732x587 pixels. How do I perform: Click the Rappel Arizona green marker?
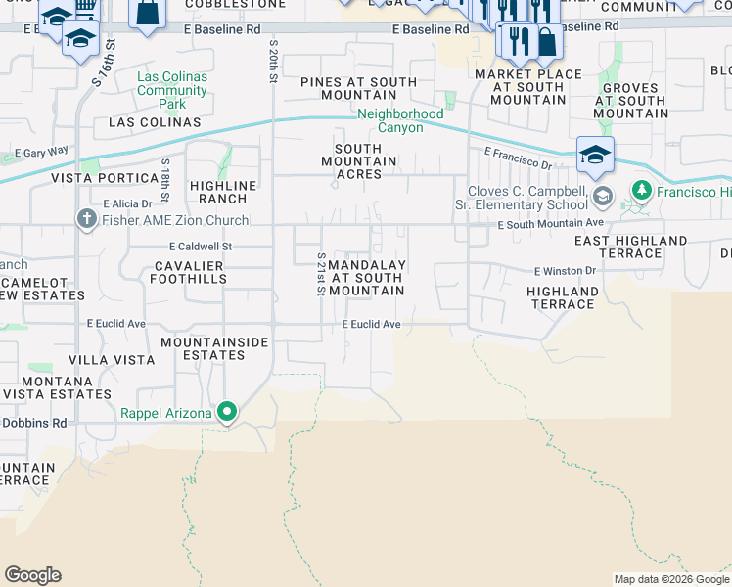[227, 412]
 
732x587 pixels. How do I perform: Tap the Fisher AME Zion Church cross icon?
[88, 220]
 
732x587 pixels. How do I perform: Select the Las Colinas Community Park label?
[172, 90]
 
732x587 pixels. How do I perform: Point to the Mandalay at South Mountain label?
[366, 278]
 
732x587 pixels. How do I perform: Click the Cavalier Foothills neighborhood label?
[188, 272]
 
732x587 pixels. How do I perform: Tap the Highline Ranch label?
[223, 192]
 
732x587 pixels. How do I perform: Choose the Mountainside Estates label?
[204, 349]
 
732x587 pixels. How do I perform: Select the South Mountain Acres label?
[359, 160]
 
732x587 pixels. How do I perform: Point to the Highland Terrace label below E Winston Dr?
[563, 297]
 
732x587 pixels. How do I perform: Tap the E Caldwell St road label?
[200, 247]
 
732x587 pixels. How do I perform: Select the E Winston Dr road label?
[564, 271]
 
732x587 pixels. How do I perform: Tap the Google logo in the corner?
[32, 575]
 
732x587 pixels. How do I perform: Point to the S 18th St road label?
[166, 174]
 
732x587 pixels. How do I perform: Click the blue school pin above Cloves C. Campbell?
[595, 154]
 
